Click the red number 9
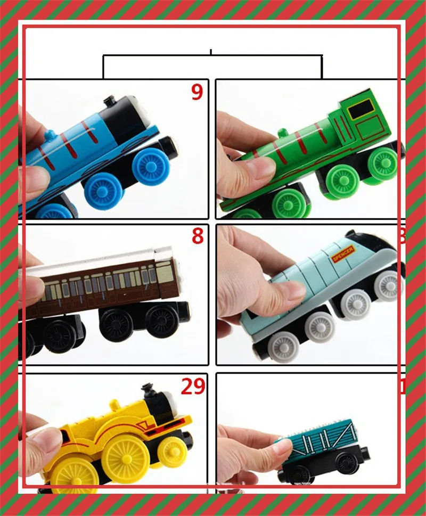coord(197,93)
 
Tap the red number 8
coord(198,236)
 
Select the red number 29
coord(193,387)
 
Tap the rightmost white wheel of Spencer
coord(389,286)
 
